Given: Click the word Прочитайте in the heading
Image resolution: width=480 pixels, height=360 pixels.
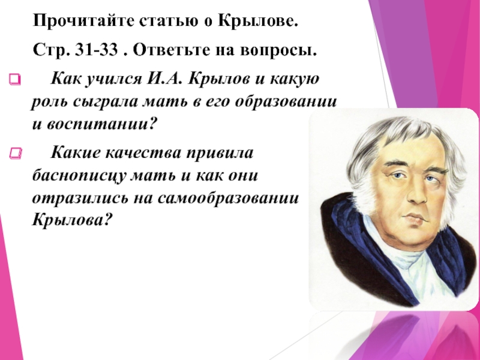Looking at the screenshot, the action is pos(83,22).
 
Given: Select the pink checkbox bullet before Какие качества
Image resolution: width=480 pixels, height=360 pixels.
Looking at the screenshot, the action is pos(16,153).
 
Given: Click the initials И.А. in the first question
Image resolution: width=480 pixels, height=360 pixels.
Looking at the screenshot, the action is pos(165,79).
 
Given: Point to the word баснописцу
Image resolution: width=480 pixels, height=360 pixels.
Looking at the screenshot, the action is pos(79,176).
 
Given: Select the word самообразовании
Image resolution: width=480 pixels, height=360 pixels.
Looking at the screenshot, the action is pos(228,199).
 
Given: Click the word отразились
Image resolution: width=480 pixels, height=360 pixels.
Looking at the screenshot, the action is pos(80,199).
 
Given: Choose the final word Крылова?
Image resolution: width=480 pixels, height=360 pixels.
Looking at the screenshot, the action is pos(71,219).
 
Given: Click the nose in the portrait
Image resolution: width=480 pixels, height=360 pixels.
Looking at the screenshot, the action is pos(417,192).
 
